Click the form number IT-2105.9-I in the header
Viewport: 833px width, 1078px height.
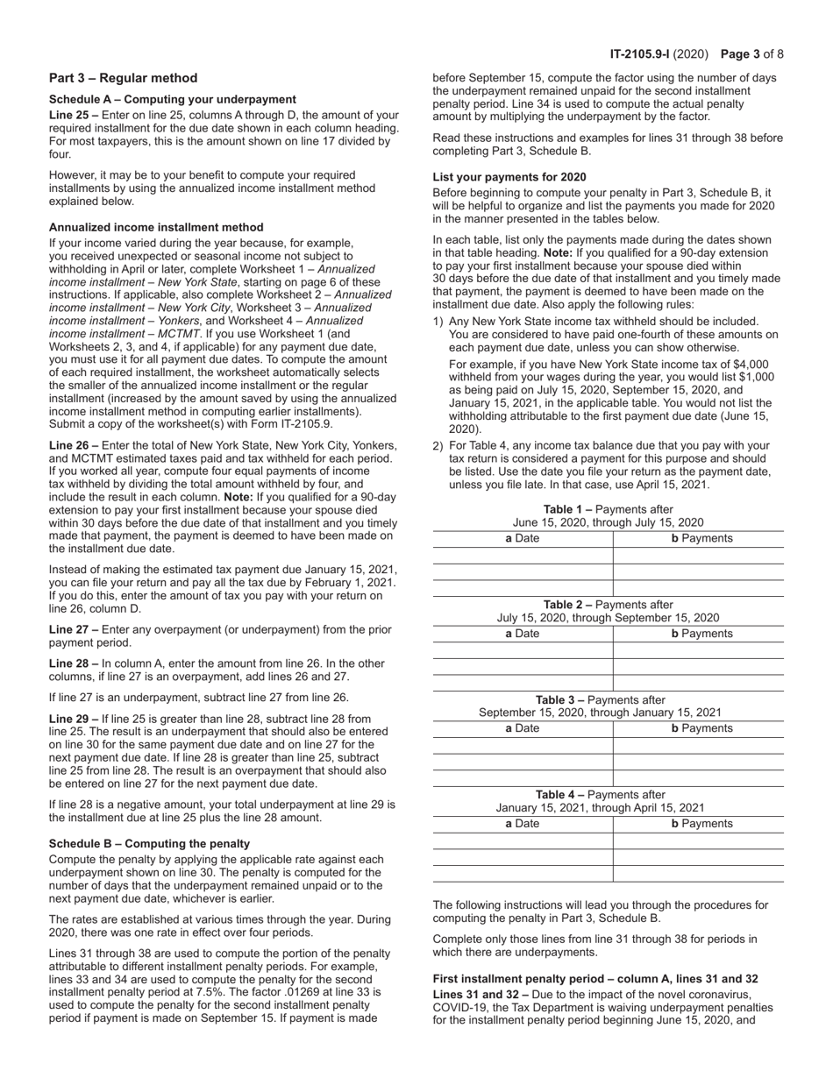[644, 54]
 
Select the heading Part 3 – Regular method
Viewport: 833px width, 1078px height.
[123, 78]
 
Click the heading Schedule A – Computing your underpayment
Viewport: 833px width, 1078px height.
[172, 99]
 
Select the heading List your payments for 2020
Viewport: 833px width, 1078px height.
[509, 177]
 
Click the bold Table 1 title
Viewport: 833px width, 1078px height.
[568, 509]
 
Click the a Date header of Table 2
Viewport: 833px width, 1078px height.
[523, 634]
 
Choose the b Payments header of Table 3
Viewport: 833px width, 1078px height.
[701, 728]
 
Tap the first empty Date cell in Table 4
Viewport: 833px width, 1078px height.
[523, 840]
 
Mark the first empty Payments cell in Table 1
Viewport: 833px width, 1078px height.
[698, 556]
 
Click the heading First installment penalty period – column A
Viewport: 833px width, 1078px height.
[595, 978]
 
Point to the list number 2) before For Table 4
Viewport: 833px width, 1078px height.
[438, 446]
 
